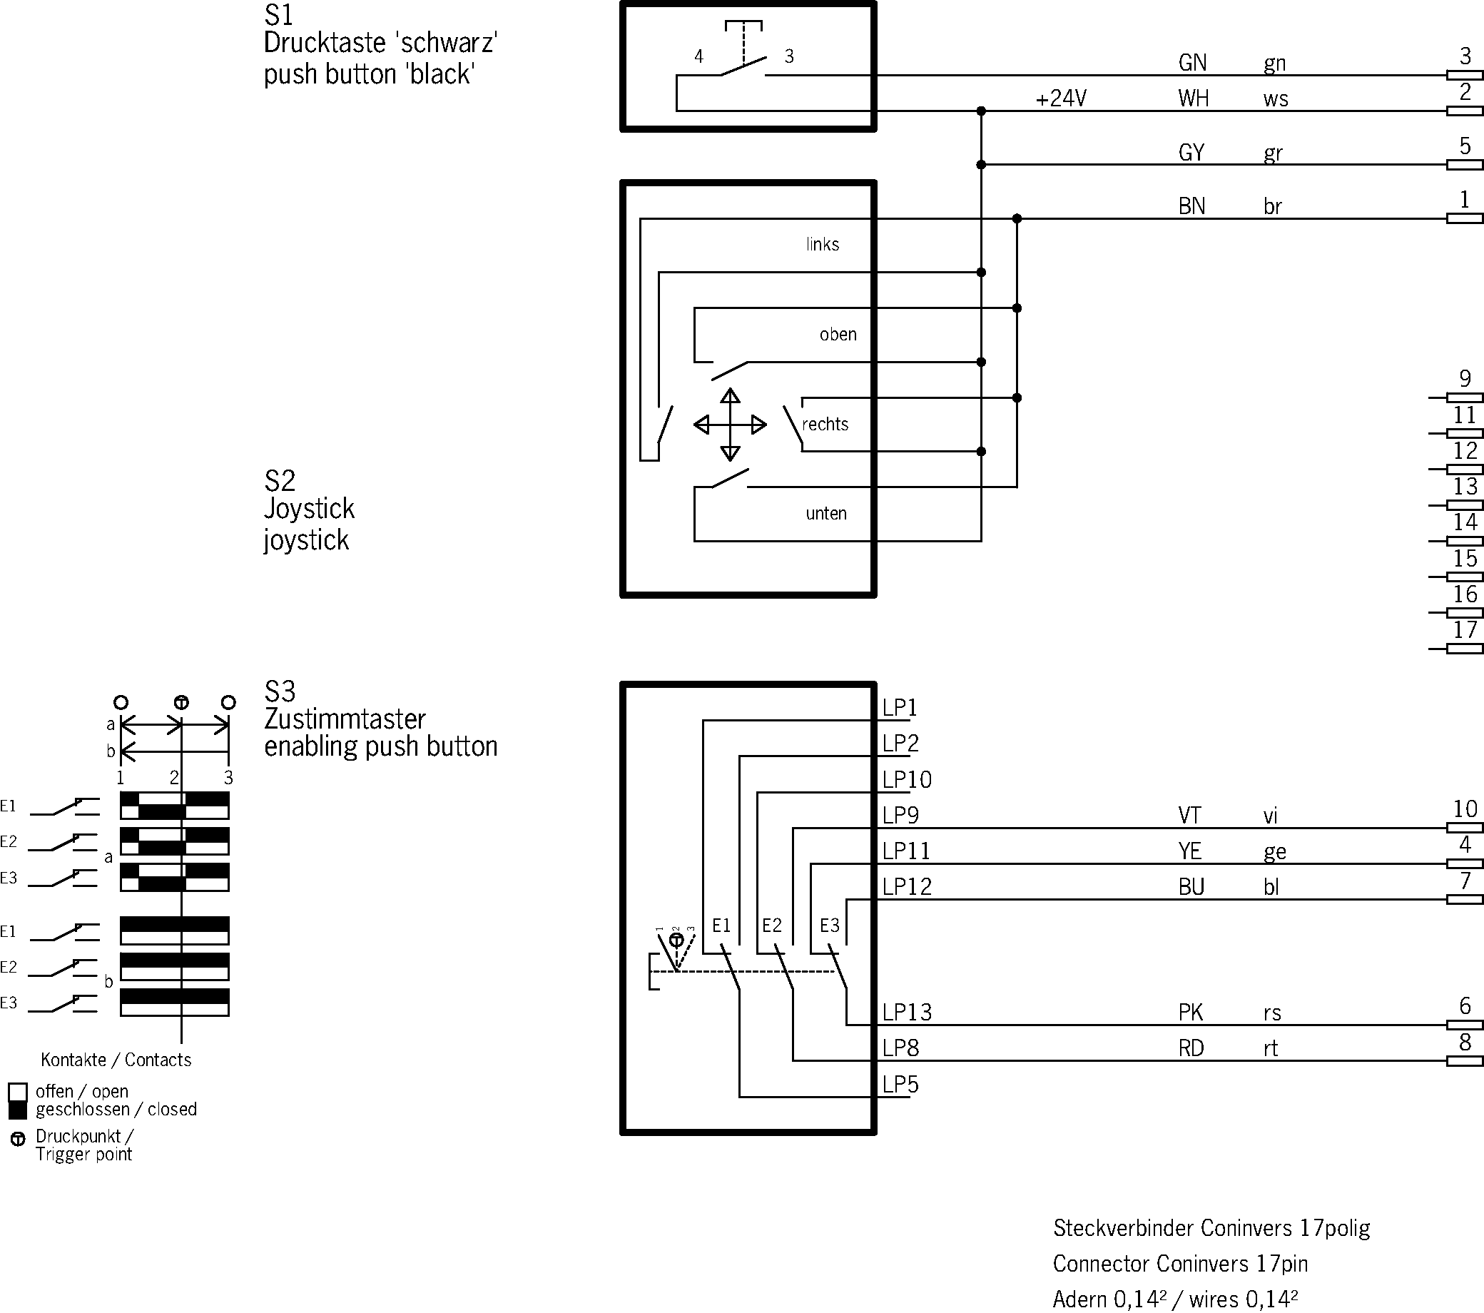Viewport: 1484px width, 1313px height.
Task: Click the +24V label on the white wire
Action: [1061, 98]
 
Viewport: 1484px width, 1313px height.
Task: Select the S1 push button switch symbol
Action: [743, 58]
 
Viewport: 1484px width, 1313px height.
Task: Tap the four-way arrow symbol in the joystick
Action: [730, 425]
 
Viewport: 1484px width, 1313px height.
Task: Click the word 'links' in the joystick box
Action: [822, 244]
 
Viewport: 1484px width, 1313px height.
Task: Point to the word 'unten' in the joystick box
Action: [825, 514]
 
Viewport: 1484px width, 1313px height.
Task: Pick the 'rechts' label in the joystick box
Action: [825, 424]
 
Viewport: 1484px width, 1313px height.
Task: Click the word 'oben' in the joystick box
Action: [838, 334]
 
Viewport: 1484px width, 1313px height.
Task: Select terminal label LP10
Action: [906, 779]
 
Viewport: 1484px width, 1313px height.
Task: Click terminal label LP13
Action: [906, 1012]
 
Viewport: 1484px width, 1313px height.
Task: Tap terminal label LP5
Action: [900, 1084]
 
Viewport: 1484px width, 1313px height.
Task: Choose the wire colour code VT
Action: [1189, 816]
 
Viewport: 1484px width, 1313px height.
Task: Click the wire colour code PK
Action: [1190, 1012]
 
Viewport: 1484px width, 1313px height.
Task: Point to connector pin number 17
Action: [1465, 629]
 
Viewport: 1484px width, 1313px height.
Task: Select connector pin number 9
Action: [1465, 378]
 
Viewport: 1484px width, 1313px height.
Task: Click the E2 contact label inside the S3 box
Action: [772, 926]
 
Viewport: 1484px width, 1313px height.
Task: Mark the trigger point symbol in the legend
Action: [18, 1139]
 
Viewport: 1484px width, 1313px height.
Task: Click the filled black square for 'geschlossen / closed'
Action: [18, 1110]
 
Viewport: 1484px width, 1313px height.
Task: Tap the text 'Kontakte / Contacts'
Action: [116, 1060]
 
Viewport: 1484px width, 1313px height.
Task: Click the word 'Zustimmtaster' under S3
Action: [344, 719]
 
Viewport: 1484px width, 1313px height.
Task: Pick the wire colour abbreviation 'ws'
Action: [1275, 98]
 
